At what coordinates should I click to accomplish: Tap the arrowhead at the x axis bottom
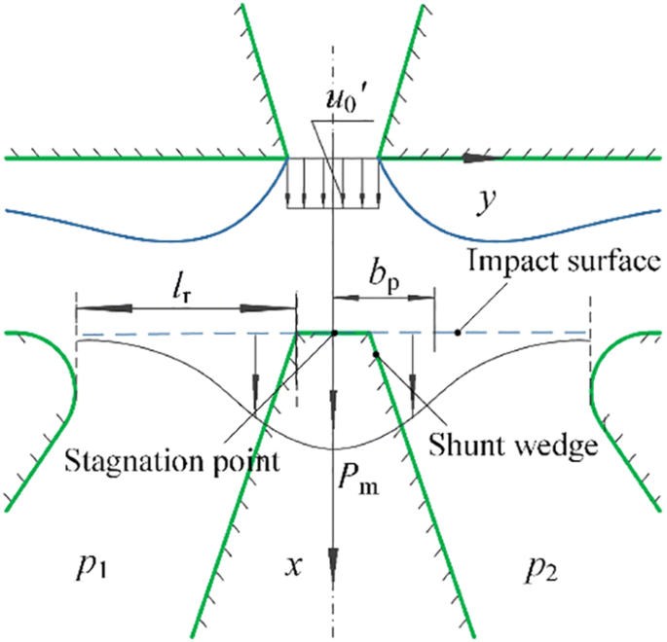(x=334, y=573)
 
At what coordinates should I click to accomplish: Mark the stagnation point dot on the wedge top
(x=334, y=333)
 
